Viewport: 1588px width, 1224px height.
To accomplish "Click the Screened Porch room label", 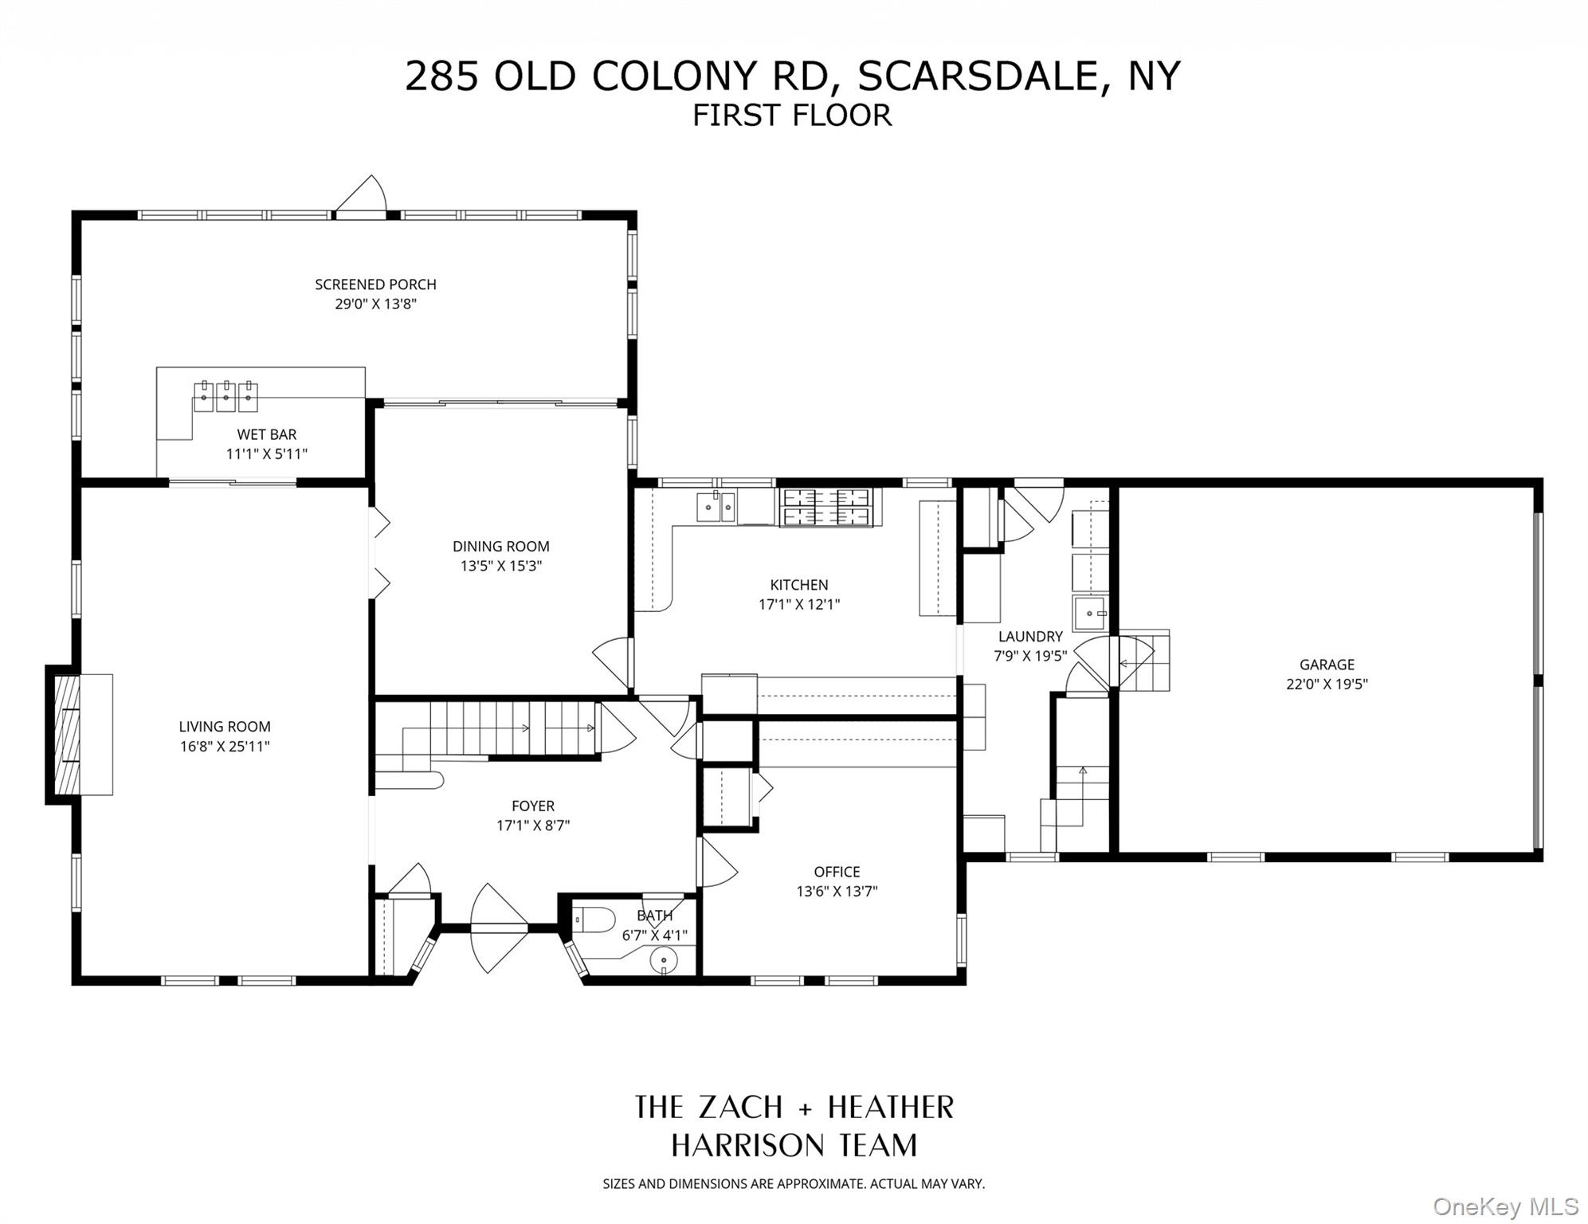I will click(375, 284).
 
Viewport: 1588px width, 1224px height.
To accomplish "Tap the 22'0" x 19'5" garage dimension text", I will click(1327, 684).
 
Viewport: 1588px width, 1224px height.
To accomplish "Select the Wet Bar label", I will click(266, 434).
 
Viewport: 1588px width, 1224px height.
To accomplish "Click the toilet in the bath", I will click(594, 920).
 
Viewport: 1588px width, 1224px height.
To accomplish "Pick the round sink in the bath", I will click(664, 962).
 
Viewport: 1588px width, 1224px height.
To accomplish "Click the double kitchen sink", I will click(716, 507).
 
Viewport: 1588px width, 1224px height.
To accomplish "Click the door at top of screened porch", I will click(360, 198).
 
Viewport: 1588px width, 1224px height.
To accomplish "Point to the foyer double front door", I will click(499, 928).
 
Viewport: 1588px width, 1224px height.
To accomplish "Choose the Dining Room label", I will click(500, 547).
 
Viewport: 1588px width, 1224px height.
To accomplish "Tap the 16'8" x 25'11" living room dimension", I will click(225, 747).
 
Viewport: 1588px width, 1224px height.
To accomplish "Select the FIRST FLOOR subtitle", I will click(791, 116).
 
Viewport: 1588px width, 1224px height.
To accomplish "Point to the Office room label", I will click(837, 872).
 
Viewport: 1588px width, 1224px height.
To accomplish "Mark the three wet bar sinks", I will click(225, 396).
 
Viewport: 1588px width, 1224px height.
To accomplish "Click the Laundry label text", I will click(1030, 637).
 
